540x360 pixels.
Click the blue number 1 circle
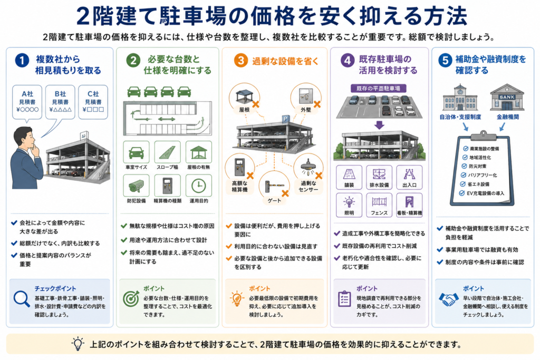coord(22,61)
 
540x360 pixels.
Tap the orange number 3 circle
coord(240,61)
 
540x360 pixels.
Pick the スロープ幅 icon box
coord(167,152)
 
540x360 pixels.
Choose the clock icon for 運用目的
coord(199,186)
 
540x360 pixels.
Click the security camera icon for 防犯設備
coord(137,186)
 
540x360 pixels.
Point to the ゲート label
coord(274,200)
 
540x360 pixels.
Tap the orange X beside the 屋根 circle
coord(256,104)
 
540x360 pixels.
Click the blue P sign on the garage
coord(285,119)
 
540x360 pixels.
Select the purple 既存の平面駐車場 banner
coord(378,89)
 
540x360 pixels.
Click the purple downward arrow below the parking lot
coord(379,124)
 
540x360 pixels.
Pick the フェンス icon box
coord(379,205)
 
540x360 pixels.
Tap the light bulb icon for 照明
coord(349,202)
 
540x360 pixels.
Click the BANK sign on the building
coord(507,97)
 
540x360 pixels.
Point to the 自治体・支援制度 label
coord(460,117)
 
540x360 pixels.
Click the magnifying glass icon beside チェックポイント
coord(21,299)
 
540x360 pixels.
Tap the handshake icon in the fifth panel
coord(449,299)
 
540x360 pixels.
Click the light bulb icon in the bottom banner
coord(78,344)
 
